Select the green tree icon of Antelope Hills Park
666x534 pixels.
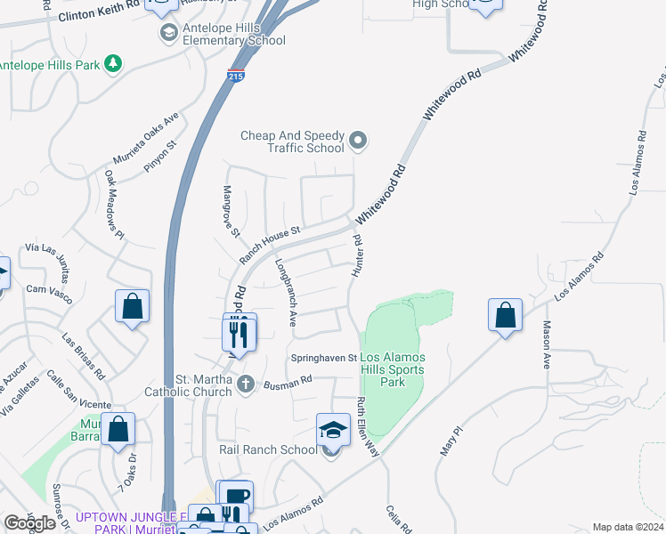(112, 63)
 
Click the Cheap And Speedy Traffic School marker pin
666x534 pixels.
(358, 141)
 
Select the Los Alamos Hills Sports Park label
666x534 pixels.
(392, 369)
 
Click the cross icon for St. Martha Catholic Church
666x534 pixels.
(246, 384)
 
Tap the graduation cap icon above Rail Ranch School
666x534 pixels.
(332, 429)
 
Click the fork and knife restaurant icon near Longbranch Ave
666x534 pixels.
(238, 333)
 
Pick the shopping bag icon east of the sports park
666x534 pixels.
(505, 315)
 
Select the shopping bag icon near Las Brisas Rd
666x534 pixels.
(132, 307)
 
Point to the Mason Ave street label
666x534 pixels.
(547, 344)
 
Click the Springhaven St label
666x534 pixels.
(324, 358)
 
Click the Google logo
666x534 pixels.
(29, 523)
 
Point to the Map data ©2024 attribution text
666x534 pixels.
(628, 527)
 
